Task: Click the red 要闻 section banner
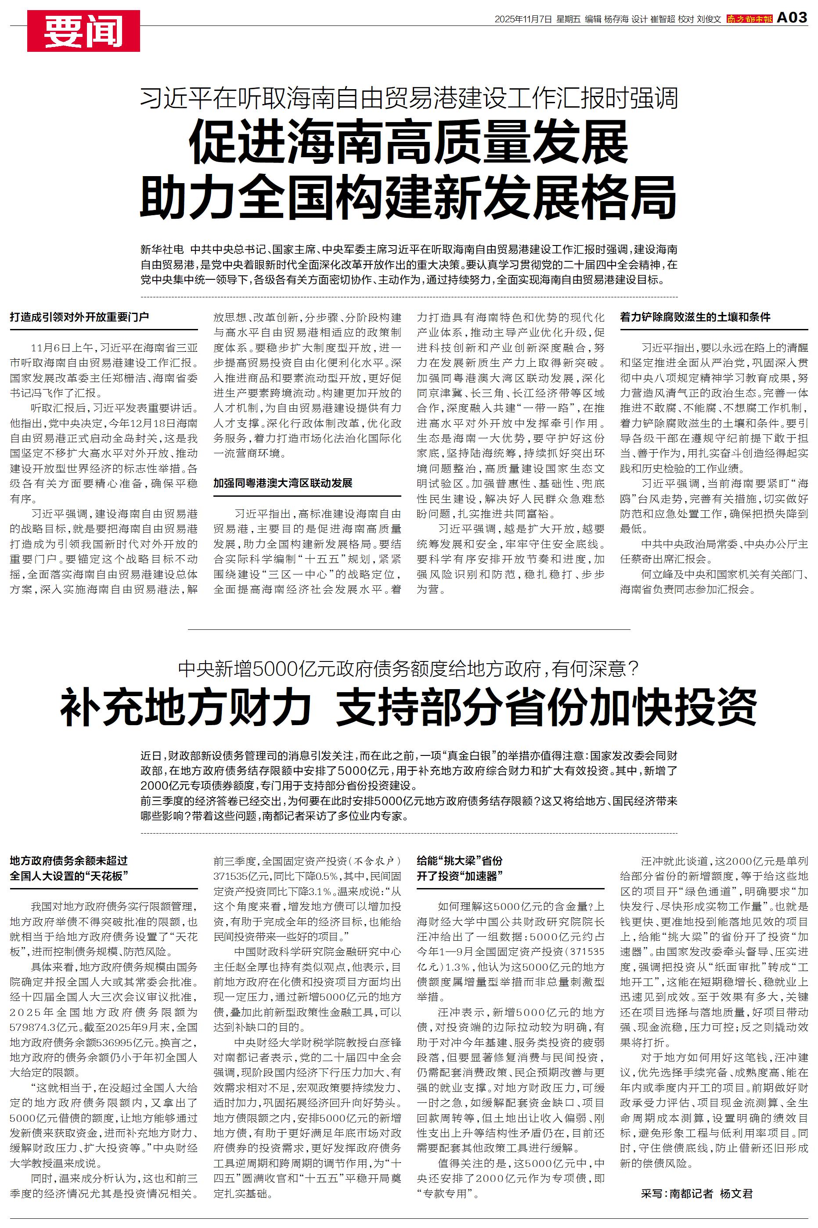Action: (83, 31)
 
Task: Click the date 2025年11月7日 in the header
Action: (523, 19)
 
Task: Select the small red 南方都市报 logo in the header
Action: (750, 19)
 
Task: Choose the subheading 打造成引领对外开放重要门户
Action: (79, 317)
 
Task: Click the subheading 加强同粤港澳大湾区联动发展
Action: (283, 483)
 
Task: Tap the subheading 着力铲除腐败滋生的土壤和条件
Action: (695, 317)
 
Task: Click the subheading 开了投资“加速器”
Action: (459, 875)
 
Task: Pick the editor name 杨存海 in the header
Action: (616, 19)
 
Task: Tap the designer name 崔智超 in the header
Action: (662, 19)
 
